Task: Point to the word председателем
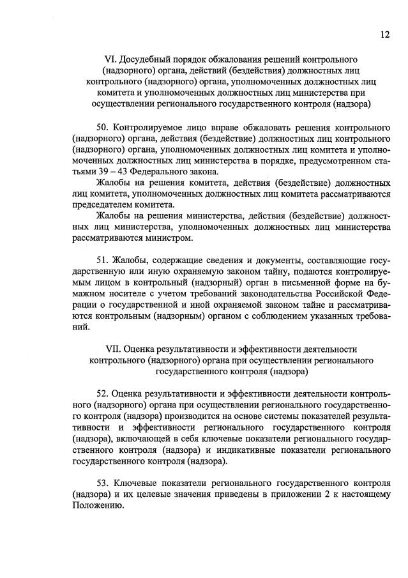99,204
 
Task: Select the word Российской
340,293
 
